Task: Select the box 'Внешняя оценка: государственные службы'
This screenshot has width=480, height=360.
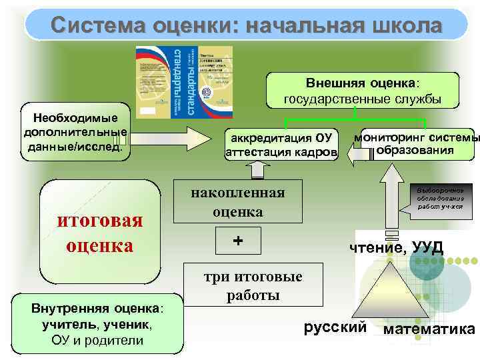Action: (363, 91)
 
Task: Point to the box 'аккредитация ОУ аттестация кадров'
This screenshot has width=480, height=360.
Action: (281, 145)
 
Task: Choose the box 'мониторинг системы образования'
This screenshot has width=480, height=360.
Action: (418, 144)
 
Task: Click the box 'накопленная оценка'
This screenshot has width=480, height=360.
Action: (238, 202)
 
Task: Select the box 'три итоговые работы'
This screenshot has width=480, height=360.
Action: (253, 285)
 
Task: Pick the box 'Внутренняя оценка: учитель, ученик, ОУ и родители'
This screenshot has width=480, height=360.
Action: (97, 323)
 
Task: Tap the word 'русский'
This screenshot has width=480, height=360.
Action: (335, 327)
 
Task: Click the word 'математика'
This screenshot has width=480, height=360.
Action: (430, 329)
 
